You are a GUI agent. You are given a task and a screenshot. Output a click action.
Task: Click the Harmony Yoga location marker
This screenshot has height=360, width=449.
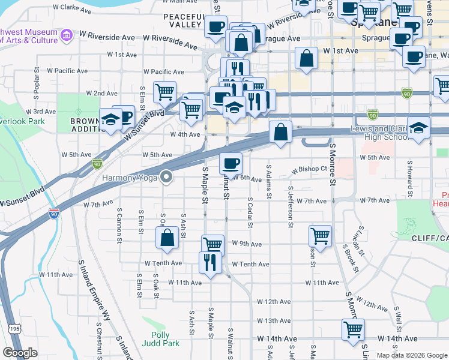tap(167, 177)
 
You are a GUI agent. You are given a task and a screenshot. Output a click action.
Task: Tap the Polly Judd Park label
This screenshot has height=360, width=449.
tap(156, 340)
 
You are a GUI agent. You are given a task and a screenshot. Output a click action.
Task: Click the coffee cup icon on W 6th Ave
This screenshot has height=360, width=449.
tap(231, 163)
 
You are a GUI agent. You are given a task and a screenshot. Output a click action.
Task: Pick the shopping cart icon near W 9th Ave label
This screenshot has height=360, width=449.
tap(213, 244)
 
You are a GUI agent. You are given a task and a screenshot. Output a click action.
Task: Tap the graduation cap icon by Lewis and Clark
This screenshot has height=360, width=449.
tap(418, 127)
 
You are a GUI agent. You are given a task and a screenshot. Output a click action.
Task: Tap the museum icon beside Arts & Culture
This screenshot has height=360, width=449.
tap(66, 36)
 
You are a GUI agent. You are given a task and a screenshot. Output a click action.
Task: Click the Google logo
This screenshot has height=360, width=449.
tap(20, 353)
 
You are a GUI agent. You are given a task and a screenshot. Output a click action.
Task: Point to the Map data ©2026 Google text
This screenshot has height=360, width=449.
tap(412, 355)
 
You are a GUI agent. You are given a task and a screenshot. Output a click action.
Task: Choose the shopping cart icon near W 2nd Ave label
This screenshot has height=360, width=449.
tap(164, 92)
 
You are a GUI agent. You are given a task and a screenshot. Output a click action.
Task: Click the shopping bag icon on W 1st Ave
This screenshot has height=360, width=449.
tap(306, 59)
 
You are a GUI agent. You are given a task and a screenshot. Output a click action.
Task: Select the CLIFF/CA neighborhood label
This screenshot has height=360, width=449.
tap(430, 238)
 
